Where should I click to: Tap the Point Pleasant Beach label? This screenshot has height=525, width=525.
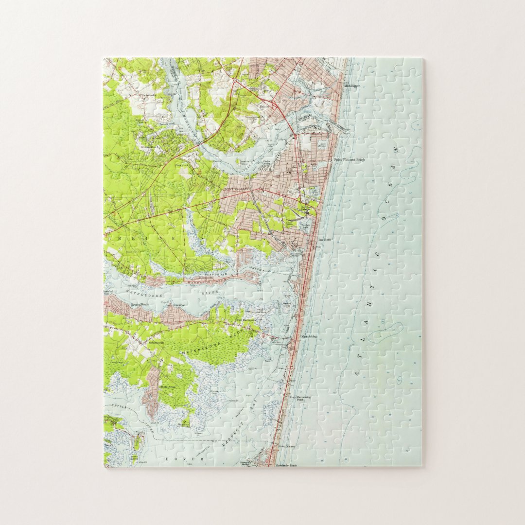[349, 159]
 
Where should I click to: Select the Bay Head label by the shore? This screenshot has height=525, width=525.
[324, 240]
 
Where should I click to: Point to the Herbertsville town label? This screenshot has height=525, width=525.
[145, 95]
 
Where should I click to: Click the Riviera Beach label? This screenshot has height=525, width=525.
[149, 146]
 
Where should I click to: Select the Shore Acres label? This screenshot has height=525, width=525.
[167, 387]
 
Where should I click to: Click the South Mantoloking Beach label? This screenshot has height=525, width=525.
[300, 398]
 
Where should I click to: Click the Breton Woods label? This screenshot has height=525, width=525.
[140, 304]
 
